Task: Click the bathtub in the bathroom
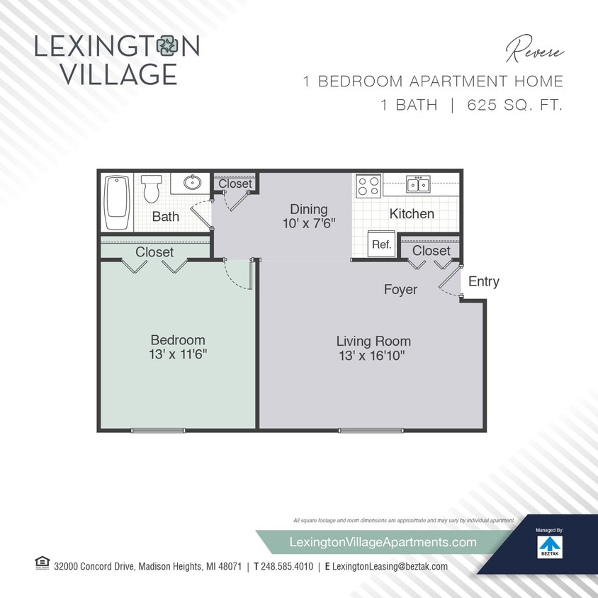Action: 115,203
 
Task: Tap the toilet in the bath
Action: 151,189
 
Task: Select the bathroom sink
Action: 192,183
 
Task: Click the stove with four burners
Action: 368,186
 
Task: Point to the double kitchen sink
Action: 417,185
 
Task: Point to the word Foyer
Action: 400,289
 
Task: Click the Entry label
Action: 484,281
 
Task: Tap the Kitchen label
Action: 412,213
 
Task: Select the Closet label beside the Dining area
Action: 235,184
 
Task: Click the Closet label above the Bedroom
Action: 154,252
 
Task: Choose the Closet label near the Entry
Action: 431,251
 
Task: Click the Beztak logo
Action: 548,546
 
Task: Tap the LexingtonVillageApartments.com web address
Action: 383,542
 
